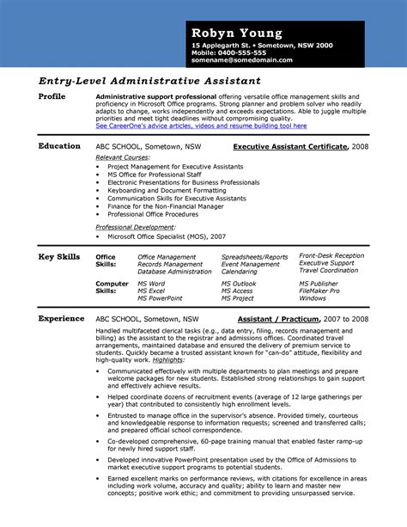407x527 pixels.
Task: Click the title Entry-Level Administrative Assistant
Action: tap(138, 80)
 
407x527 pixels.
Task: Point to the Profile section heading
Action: tap(52, 96)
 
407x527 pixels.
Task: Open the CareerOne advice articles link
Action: tap(200, 126)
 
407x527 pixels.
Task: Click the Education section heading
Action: tap(59, 146)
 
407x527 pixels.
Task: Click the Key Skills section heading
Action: tap(60, 256)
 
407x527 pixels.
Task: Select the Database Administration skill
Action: tap(173, 272)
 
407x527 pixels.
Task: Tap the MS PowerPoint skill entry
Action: tap(160, 298)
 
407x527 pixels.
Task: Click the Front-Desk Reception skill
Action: tap(331, 256)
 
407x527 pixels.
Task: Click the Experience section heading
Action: tap(61, 318)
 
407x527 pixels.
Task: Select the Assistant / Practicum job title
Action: tap(280, 319)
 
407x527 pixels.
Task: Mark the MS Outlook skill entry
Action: tap(239, 283)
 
